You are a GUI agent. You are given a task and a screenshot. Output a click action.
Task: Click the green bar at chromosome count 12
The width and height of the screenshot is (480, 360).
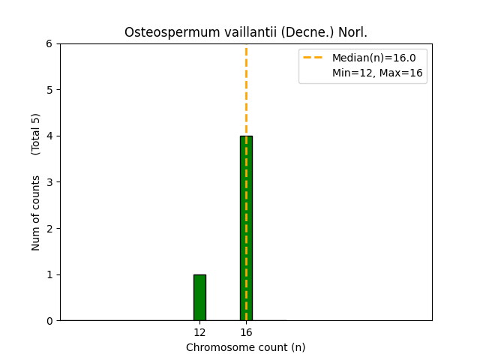(x=199, y=298)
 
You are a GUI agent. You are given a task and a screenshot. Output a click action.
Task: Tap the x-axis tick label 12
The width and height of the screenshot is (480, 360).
(x=199, y=332)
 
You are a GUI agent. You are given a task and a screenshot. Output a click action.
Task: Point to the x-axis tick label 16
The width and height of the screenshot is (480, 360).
(x=246, y=332)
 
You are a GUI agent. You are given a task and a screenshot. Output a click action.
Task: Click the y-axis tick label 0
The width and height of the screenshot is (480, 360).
(x=49, y=321)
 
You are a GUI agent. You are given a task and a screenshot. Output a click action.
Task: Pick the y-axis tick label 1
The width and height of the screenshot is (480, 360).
(x=49, y=274)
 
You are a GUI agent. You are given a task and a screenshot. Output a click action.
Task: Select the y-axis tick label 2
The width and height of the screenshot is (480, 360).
(x=49, y=228)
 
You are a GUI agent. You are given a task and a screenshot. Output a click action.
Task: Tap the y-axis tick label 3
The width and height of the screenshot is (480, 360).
(x=49, y=182)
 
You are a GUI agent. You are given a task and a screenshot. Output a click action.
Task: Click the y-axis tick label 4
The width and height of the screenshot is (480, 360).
(x=49, y=136)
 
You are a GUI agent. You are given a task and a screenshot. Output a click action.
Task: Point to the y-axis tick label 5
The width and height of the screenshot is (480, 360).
(x=49, y=90)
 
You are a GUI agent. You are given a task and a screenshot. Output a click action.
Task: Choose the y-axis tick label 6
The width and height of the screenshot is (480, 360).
(x=49, y=43)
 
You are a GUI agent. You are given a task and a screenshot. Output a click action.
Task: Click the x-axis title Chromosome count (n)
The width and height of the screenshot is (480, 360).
(x=246, y=347)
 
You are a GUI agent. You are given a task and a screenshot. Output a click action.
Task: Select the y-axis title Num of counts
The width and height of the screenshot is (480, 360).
(x=36, y=213)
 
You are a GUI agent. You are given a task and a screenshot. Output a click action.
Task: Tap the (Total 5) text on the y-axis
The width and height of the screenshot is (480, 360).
(x=36, y=134)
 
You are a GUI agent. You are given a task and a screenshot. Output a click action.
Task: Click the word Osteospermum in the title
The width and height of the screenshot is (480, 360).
(x=159, y=32)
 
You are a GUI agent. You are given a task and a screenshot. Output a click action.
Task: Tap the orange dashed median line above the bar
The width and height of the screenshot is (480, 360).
(x=246, y=90)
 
